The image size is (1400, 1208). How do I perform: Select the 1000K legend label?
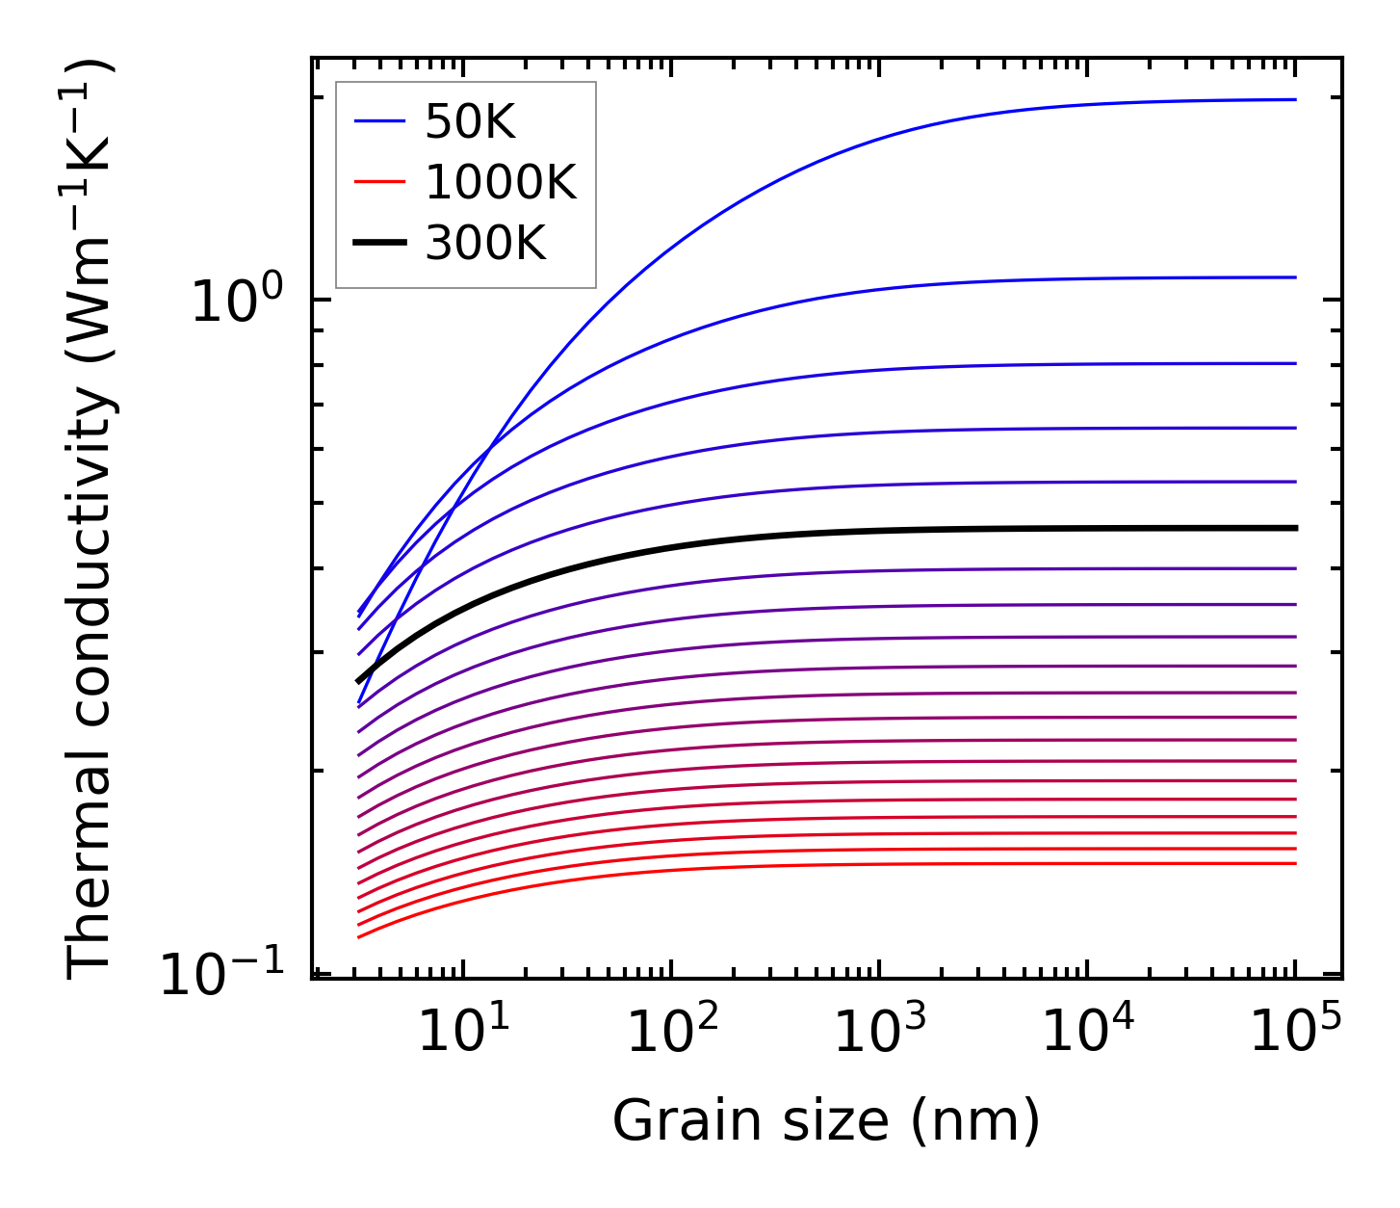click(x=500, y=182)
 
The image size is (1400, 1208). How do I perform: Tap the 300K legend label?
click(x=484, y=244)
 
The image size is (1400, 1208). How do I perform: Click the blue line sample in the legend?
click(x=380, y=121)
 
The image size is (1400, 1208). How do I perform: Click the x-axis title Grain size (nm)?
click(x=826, y=1122)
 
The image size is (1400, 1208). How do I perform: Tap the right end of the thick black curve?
click(x=1296, y=528)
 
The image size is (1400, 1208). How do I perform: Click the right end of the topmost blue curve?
click(x=1296, y=99)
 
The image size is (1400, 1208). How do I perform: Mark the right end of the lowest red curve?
click(x=1296, y=863)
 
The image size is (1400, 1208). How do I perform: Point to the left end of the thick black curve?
click(x=358, y=681)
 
